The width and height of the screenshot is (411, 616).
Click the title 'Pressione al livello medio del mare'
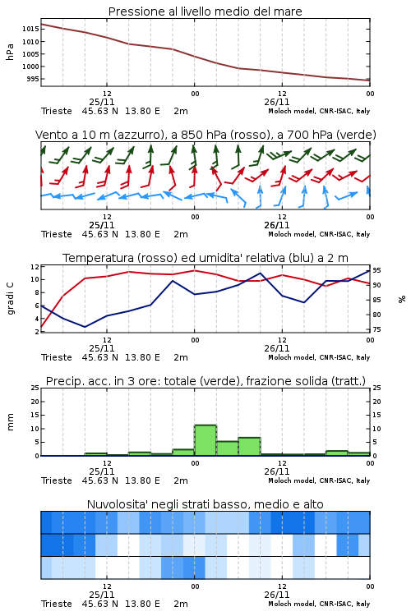pos(205,11)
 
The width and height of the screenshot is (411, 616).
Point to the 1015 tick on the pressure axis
pos(30,29)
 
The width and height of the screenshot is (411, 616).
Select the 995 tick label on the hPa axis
pos(33,79)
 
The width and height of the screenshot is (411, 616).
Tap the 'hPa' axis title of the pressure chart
pos(10,52)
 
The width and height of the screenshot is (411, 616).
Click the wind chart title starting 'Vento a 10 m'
pos(205,135)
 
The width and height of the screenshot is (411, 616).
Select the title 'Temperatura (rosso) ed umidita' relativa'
pos(205,258)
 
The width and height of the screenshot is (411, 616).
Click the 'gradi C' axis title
pos(10,298)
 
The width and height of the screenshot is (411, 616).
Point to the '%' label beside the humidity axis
pos(402,299)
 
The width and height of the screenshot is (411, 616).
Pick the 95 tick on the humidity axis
pos(376,270)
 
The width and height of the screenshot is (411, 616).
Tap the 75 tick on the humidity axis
pos(376,329)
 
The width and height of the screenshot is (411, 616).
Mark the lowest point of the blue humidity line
pos(85,327)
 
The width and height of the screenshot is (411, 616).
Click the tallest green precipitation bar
pos(205,440)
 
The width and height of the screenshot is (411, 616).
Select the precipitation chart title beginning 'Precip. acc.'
pos(205,381)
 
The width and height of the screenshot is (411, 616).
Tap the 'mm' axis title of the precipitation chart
pos(10,422)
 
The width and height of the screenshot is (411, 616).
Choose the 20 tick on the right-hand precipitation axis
pos(376,402)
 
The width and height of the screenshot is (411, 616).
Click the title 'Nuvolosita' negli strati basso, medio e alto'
pos(205,504)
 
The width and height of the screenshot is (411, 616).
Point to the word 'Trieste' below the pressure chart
pos(57,111)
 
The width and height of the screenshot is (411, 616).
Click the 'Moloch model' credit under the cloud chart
pos(292,604)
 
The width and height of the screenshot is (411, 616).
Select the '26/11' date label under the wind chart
pos(277,225)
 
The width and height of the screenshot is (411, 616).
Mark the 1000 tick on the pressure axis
pos(30,67)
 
